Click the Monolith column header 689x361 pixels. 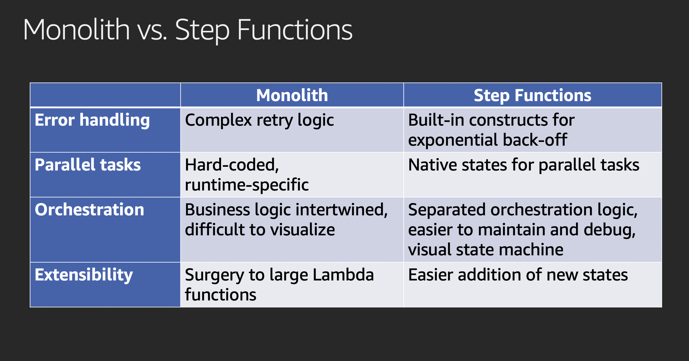tap(292, 95)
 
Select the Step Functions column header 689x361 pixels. tap(532, 95)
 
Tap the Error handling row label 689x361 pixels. tap(92, 120)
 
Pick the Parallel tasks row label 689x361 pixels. tap(88, 165)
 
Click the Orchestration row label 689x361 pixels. tap(89, 210)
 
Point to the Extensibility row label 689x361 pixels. tap(84, 275)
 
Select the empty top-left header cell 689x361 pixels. tap(105, 95)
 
